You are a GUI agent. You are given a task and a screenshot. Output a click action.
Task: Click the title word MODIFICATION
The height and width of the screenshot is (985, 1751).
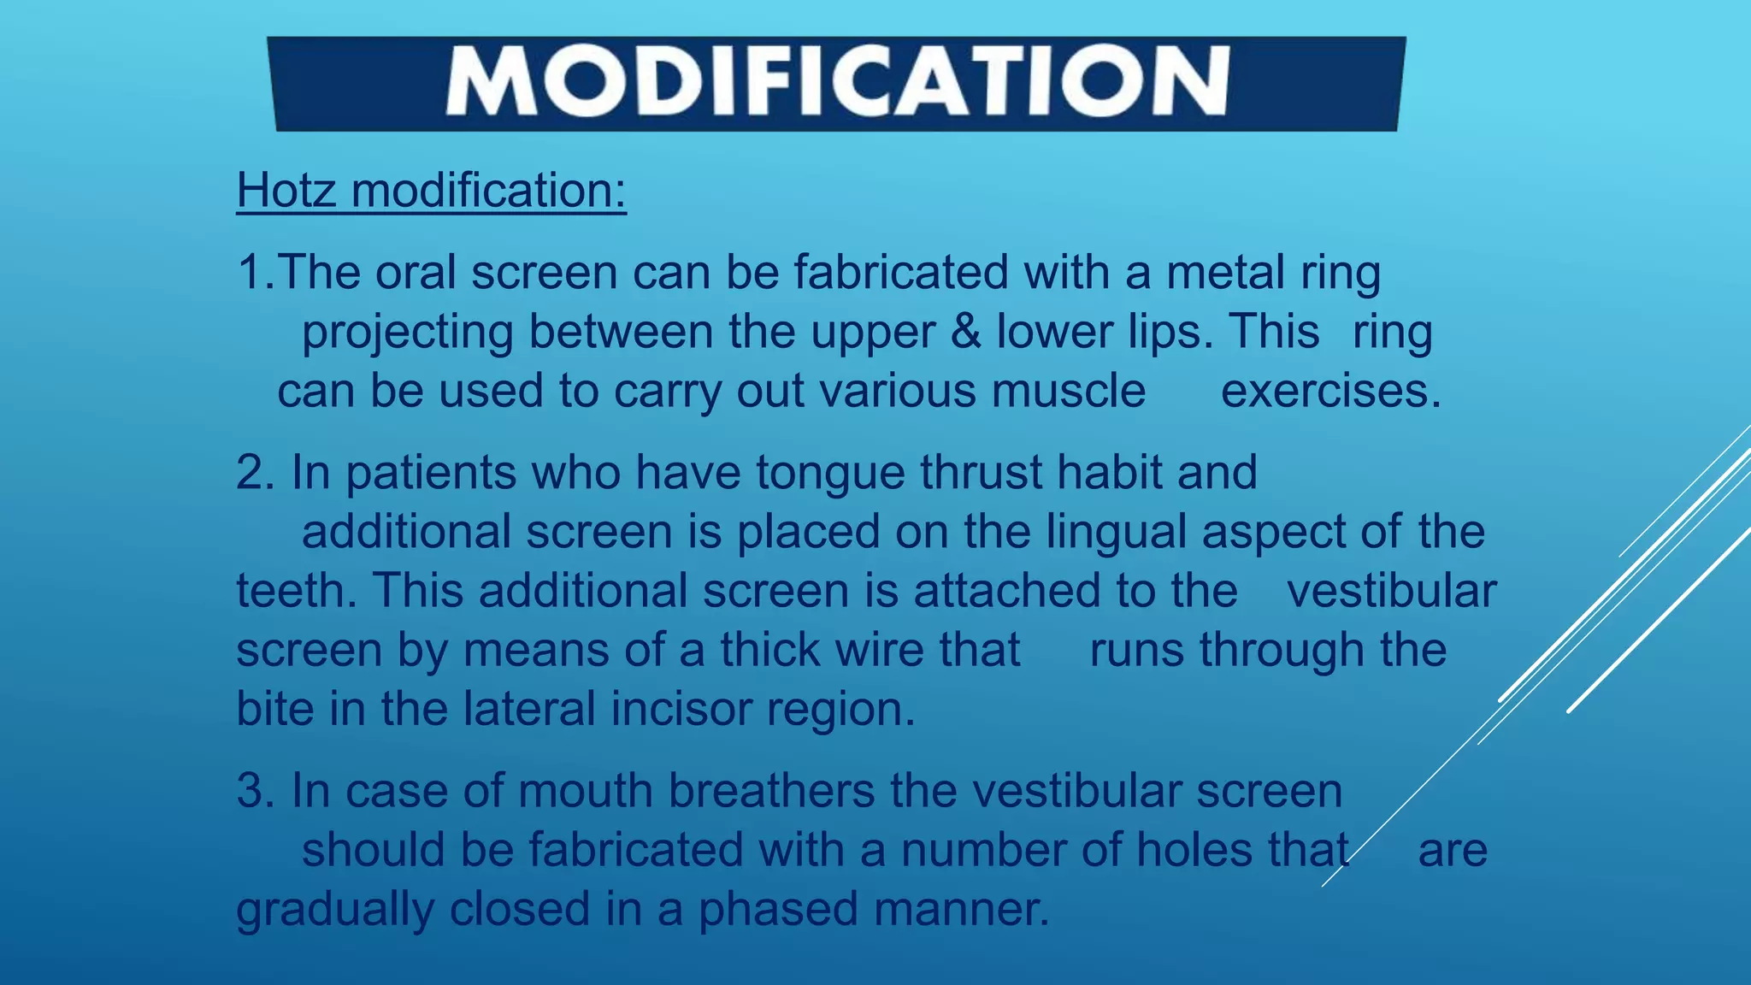pyautogui.click(x=837, y=82)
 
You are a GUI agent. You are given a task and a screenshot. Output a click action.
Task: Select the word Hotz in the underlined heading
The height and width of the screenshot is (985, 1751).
pyautogui.click(x=286, y=190)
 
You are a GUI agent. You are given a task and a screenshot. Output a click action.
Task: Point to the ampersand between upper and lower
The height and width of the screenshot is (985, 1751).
pyautogui.click(x=965, y=332)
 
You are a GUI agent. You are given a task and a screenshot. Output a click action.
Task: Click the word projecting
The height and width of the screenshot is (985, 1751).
pyautogui.click(x=407, y=333)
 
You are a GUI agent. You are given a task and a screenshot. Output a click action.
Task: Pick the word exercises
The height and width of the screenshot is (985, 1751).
pyautogui.click(x=1330, y=392)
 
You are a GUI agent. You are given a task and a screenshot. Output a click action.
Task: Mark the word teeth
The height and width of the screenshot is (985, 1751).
pyautogui.click(x=296, y=591)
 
